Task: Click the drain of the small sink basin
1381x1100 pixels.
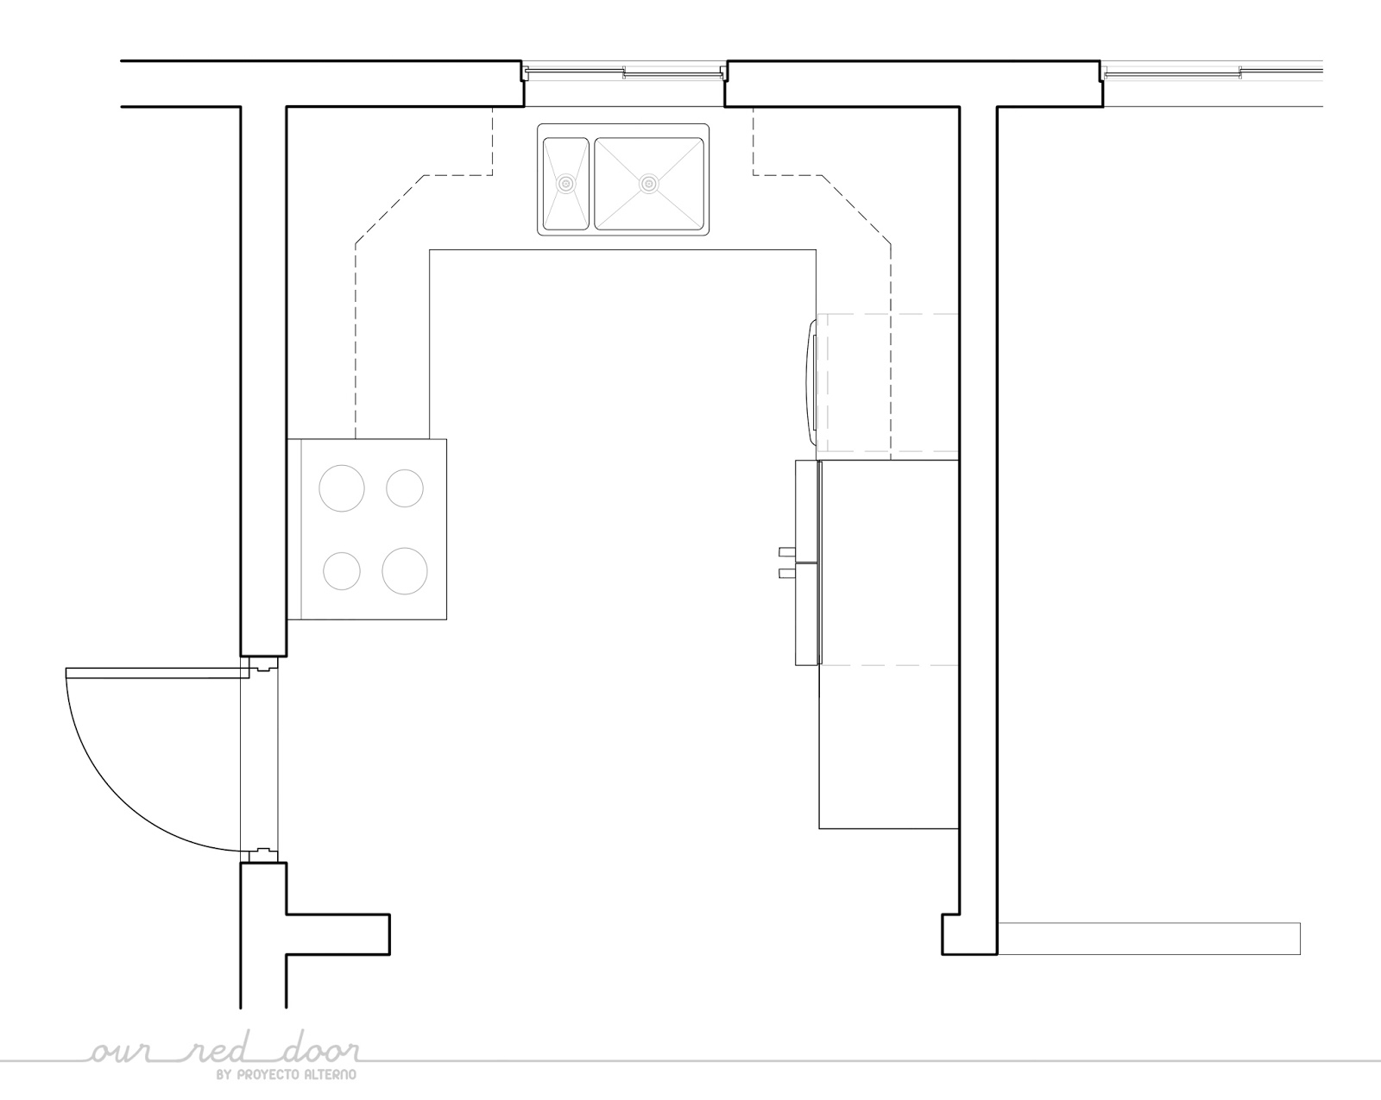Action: [x=565, y=184]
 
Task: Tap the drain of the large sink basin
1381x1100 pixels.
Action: [x=649, y=184]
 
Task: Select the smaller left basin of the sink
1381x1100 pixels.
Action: [x=565, y=184]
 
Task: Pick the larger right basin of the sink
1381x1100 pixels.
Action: [x=649, y=184]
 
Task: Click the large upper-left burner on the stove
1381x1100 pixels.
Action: [x=342, y=488]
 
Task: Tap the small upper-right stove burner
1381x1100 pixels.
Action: [x=404, y=488]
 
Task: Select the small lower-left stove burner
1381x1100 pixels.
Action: [x=342, y=571]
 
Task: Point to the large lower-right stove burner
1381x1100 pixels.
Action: [x=404, y=571]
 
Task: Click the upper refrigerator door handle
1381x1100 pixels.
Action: [x=787, y=551]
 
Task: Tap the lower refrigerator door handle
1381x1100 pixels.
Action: [x=787, y=573]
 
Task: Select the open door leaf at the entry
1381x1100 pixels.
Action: [x=157, y=673]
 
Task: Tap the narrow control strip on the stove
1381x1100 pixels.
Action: [x=294, y=529]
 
